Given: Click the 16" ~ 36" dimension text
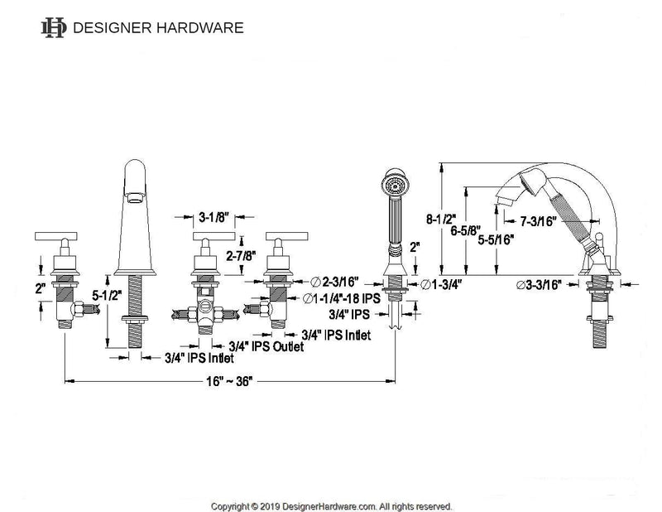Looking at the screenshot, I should pyautogui.click(x=227, y=383).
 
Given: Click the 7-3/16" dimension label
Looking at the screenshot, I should pyautogui.click(x=537, y=221).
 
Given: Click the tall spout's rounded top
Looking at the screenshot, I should pyautogui.click(x=138, y=170).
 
